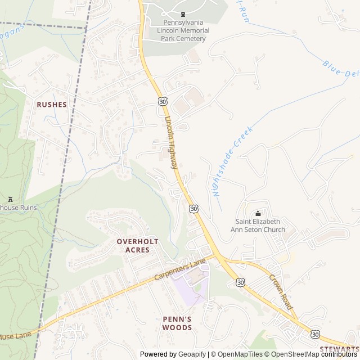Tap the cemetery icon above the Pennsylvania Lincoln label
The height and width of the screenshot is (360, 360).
coord(182,14)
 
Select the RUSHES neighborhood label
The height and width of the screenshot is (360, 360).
coord(52,105)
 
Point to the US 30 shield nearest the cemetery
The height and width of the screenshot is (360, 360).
coord(163,101)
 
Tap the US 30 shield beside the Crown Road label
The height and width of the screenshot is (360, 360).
coord(241,282)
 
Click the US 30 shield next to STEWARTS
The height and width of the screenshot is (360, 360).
coord(315,334)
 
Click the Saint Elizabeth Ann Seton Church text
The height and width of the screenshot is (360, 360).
coord(260,226)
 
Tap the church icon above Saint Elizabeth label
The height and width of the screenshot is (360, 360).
coord(258,213)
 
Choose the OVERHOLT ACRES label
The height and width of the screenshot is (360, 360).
coord(137,245)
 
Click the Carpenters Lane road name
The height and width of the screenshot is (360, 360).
coord(180,271)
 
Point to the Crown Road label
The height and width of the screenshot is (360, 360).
coord(281,291)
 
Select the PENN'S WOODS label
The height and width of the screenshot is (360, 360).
coord(177,323)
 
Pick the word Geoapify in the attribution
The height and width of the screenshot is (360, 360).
coord(192,354)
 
